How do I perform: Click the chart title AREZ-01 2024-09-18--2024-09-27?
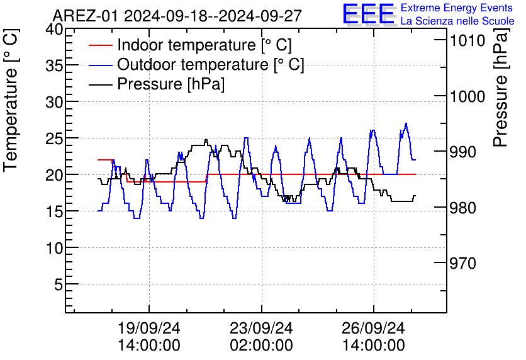click(x=177, y=15)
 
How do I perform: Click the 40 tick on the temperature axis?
click(x=54, y=30)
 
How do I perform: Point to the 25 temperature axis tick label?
click(x=54, y=138)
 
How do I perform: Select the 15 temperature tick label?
click(x=54, y=211)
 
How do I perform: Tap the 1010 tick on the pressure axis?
click(x=466, y=41)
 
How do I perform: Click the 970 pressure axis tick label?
click(x=466, y=263)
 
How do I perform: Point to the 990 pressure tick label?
click(x=466, y=152)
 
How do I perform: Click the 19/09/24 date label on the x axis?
click(x=149, y=329)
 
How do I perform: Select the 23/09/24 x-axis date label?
click(x=261, y=329)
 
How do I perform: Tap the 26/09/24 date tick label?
click(x=374, y=329)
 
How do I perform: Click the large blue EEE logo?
click(x=369, y=14)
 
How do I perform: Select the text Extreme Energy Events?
click(x=457, y=8)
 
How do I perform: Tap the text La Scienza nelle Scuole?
click(x=457, y=21)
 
